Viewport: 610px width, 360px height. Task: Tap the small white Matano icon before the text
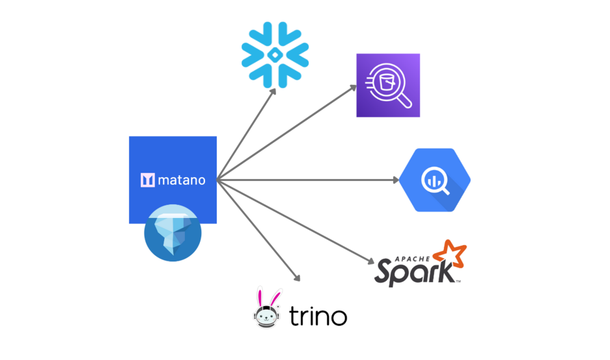click(147, 180)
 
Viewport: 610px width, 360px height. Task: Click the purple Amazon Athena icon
click(387, 86)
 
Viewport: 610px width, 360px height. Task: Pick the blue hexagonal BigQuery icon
click(435, 180)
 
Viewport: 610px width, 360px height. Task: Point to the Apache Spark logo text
click(415, 270)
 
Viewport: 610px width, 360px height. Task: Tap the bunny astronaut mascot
click(267, 308)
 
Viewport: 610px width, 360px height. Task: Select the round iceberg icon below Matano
click(173, 234)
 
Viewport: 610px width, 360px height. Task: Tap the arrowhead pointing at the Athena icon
click(353, 86)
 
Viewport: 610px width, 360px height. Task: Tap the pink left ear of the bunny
click(260, 294)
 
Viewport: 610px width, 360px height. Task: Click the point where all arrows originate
click(218, 180)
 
